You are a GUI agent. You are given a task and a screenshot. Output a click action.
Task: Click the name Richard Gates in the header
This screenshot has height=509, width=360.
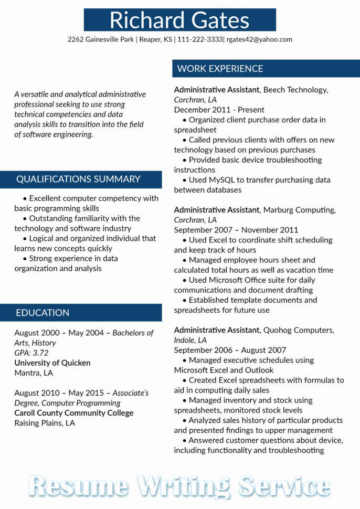tap(179, 20)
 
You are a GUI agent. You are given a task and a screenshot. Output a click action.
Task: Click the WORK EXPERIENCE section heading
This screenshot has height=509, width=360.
tap(220, 69)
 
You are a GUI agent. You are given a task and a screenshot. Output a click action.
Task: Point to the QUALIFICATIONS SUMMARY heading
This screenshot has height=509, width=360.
tap(78, 179)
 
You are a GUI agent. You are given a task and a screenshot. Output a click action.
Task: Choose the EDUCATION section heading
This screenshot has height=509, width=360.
tap(43, 313)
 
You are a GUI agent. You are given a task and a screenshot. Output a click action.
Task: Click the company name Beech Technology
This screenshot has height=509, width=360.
tap(295, 90)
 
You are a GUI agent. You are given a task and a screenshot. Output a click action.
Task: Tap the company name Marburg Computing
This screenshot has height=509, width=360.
tap(299, 210)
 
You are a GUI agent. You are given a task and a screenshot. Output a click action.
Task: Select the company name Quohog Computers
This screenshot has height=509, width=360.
tap(298, 330)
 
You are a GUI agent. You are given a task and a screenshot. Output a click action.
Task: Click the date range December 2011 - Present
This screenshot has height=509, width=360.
tap(219, 110)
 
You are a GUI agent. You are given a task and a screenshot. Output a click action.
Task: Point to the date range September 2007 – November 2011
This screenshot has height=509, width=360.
tap(236, 230)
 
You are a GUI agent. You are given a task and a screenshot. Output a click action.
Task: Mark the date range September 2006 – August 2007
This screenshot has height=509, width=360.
tap(230, 350)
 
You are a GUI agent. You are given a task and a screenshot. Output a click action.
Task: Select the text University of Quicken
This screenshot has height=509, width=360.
tap(52, 363)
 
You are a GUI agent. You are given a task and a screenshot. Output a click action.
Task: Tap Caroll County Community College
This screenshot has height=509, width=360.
tap(74, 413)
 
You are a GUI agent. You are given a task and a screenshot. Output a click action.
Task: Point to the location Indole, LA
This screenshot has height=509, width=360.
tap(190, 340)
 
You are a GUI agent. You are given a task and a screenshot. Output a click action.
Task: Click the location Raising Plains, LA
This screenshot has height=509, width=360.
tap(45, 423)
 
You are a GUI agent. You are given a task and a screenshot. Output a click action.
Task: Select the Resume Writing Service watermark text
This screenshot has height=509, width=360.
tap(179, 485)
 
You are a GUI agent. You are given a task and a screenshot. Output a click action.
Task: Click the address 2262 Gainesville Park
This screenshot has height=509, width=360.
tap(100, 39)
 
